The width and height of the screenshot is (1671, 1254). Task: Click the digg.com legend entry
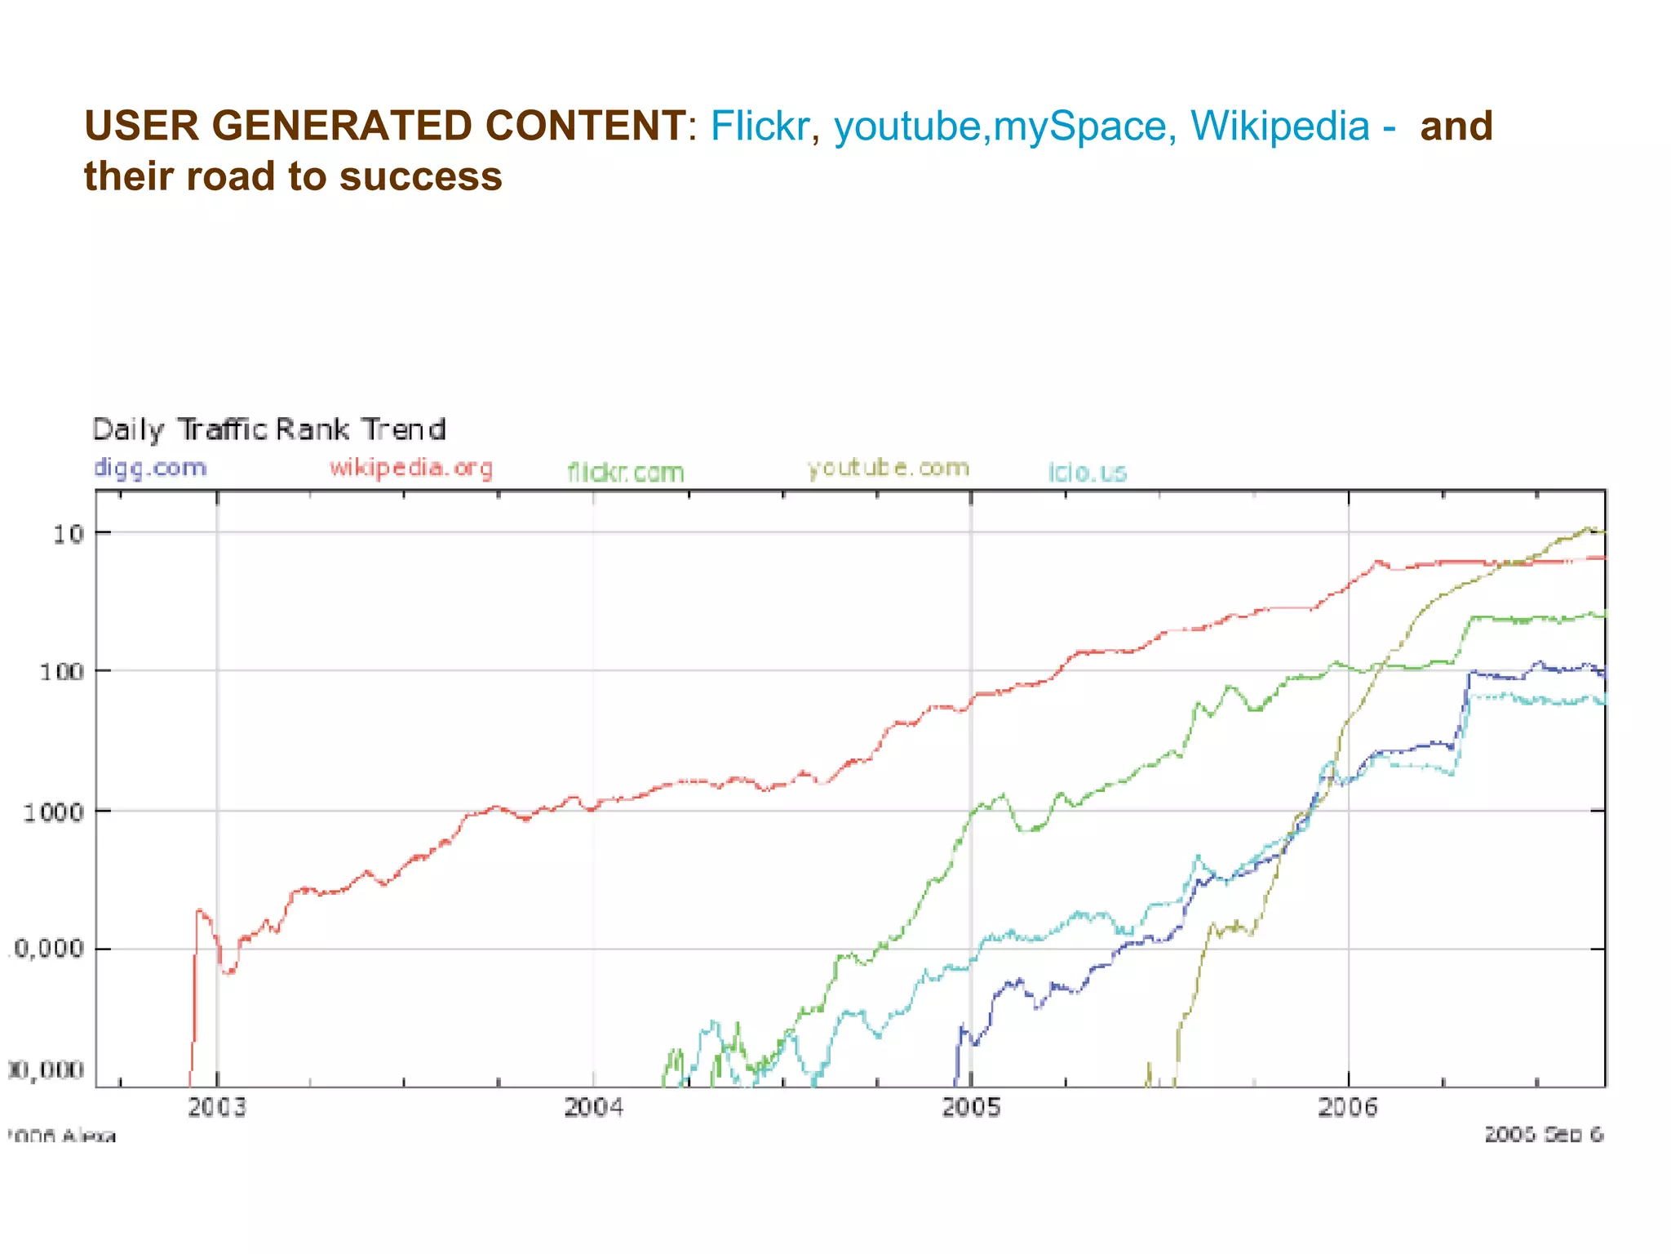[150, 468]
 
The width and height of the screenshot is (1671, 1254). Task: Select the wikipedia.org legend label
[411, 468]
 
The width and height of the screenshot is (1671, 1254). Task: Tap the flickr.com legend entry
[626, 472]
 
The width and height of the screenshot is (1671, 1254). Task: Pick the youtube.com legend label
[888, 468]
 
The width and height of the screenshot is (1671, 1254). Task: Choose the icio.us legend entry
[1088, 472]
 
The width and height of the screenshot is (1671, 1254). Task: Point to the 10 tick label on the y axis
[69, 534]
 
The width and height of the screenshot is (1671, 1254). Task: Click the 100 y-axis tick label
[62, 672]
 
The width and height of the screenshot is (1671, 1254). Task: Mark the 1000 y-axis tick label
[53, 812]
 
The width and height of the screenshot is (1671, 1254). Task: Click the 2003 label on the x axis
[217, 1107]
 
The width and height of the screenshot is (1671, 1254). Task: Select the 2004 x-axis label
[593, 1107]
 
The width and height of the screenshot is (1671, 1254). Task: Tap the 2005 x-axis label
[971, 1107]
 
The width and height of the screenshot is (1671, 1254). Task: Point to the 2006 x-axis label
[1348, 1107]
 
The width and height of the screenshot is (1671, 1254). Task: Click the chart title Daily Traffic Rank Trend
[269, 429]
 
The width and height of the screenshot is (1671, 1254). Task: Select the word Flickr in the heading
[760, 127]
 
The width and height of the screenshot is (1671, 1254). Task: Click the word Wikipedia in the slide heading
[1279, 127]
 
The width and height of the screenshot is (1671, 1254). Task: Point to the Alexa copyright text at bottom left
[62, 1136]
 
